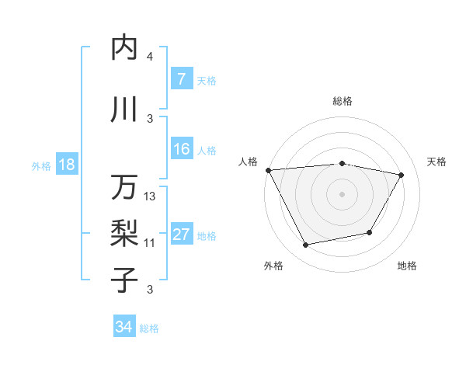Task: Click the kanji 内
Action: tap(124, 48)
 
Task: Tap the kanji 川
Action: tap(124, 109)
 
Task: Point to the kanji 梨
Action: tap(124, 232)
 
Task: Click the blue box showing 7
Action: tap(181, 79)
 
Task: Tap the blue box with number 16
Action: tap(181, 150)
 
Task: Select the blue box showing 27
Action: tap(181, 235)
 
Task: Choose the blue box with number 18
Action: tap(66, 165)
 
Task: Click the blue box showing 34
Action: tap(123, 328)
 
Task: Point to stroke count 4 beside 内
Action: tap(150, 57)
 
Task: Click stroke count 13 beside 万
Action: tap(151, 196)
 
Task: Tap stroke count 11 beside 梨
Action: tap(150, 243)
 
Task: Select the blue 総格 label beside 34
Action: tap(149, 328)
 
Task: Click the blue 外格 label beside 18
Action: tap(41, 166)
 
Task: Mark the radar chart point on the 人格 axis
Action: tap(268, 170)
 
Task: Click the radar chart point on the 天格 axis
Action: tap(401, 175)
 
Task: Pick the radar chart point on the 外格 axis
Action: tap(306, 245)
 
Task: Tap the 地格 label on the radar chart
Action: tap(407, 266)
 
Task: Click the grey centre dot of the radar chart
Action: tap(342, 193)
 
